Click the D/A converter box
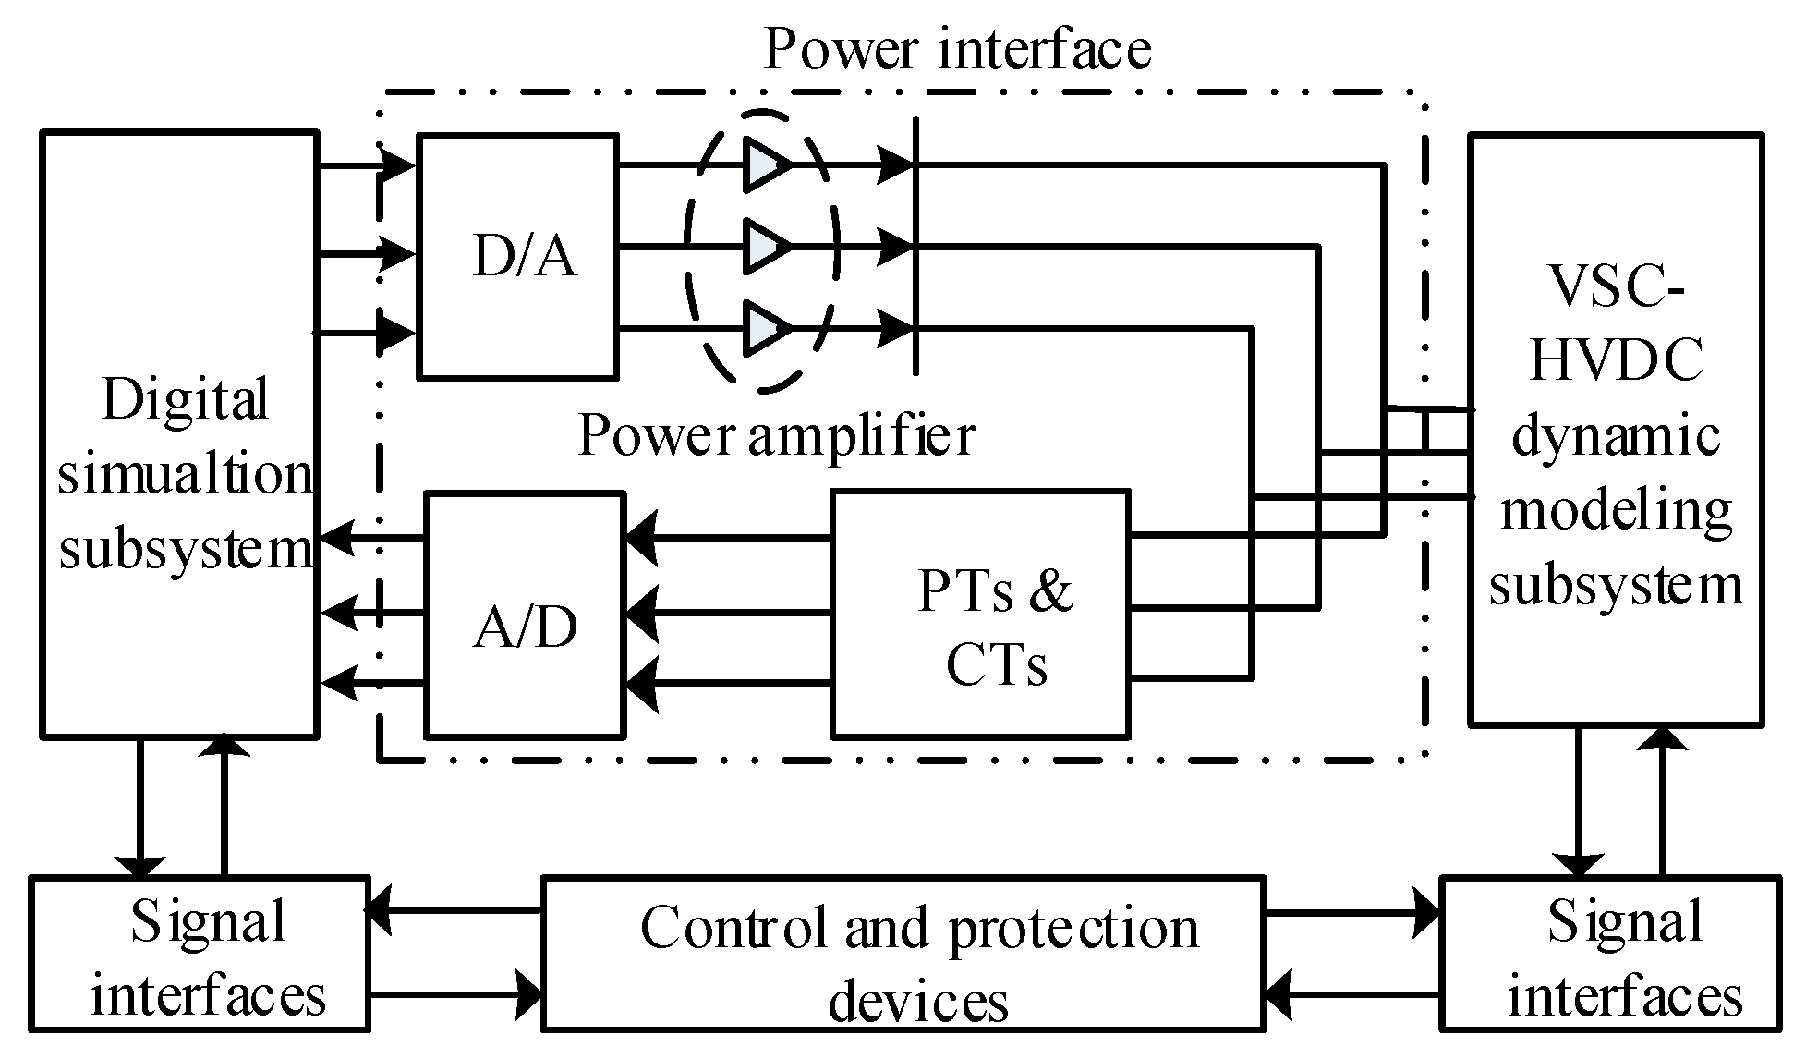(x=517, y=256)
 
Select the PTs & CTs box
(x=980, y=615)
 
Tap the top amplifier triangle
(x=766, y=166)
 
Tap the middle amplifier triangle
(x=766, y=248)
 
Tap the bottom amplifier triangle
(x=766, y=328)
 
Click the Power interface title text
(x=958, y=48)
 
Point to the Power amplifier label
(x=776, y=434)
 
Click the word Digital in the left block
(x=185, y=399)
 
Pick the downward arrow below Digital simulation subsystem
(x=139, y=864)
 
